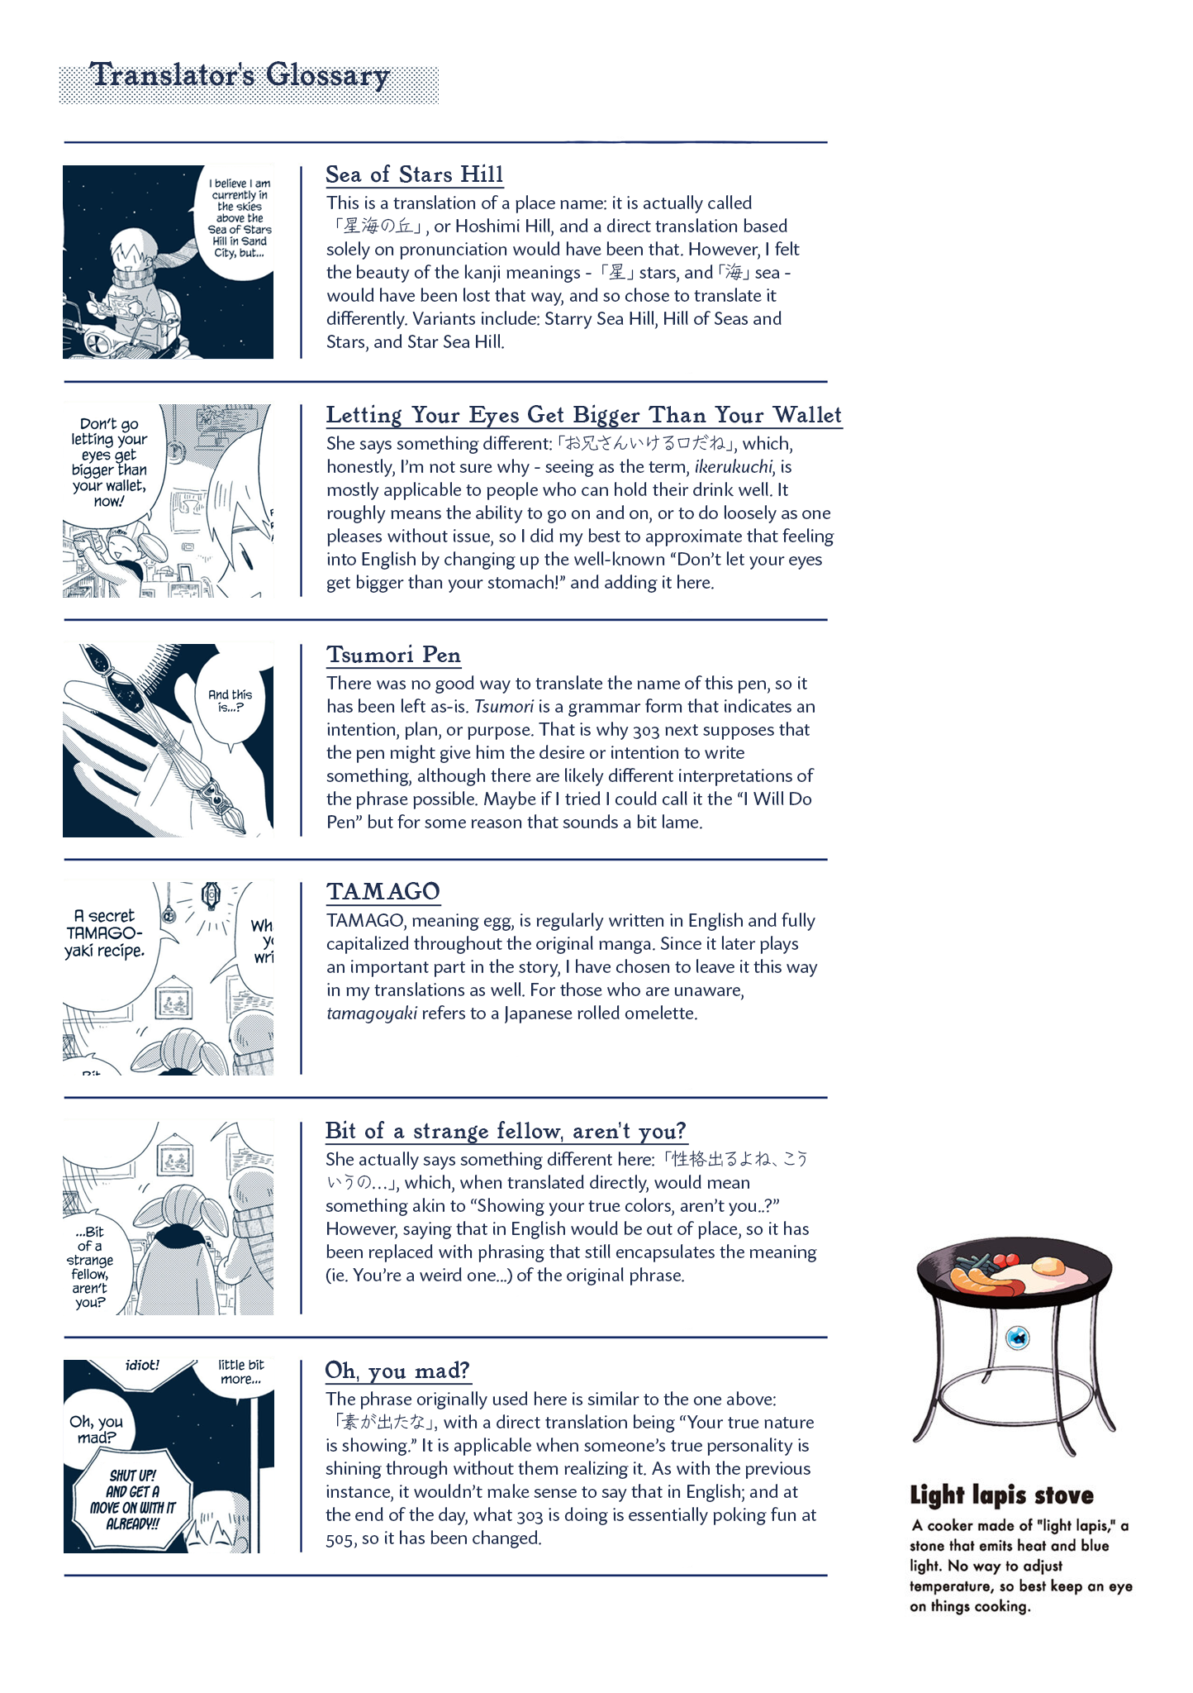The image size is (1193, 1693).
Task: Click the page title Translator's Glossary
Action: (240, 75)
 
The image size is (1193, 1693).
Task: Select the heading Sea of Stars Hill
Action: (414, 174)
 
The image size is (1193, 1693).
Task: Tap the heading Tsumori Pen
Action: (393, 655)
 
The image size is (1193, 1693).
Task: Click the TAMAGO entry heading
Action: (383, 891)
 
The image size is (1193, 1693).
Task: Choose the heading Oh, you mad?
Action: (397, 1371)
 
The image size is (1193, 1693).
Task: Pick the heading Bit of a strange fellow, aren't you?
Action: (506, 1131)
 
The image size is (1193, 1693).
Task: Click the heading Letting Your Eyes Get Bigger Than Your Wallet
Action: (584, 415)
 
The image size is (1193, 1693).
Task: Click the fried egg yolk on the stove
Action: (1048, 1266)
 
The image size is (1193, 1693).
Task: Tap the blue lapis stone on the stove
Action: (1018, 1337)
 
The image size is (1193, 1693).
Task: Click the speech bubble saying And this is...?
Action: (231, 700)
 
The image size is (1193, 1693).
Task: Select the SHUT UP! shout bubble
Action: (132, 1499)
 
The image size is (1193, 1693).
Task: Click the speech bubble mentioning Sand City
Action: (239, 218)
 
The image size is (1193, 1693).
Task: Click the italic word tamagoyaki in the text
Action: (372, 1013)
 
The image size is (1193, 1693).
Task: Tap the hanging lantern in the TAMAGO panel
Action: (212, 894)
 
